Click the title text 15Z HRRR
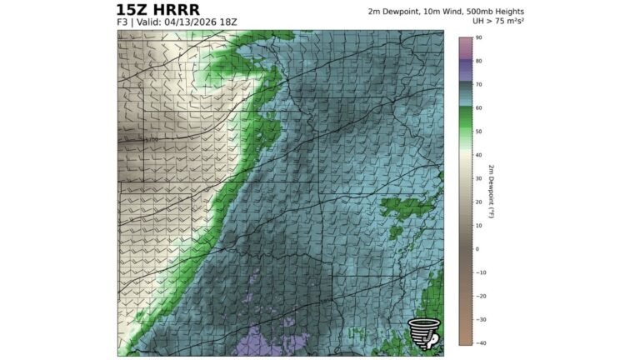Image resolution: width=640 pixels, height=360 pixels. pos(158,9)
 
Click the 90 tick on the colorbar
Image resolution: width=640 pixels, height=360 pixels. pos(479,38)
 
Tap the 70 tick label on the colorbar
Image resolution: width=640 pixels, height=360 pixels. pos(479,85)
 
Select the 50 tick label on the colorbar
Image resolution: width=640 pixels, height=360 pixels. pos(479,132)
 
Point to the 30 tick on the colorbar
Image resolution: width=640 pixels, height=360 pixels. pos(479,178)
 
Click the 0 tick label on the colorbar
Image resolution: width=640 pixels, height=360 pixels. pos(477,249)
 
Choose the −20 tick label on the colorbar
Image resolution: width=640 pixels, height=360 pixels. pos(480,296)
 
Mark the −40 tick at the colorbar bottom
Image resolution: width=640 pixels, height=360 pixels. pos(480,342)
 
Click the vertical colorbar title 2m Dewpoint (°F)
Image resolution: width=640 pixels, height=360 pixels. pos(492,190)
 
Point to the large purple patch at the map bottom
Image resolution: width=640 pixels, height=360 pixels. pos(275,343)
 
